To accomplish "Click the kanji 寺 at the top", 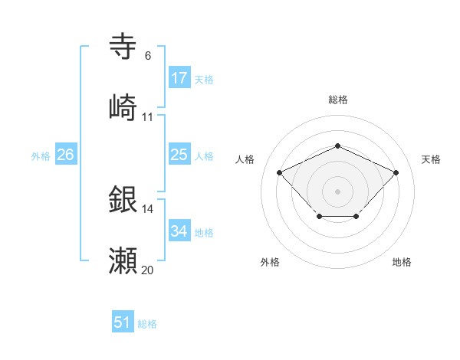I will point(123,47).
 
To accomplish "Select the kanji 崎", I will point(123,106).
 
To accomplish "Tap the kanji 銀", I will point(123,200).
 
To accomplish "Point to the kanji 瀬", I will point(123,260).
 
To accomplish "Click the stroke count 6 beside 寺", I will point(148,56).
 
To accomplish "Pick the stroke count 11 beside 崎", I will point(148,116).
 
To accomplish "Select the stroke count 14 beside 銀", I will point(148,209).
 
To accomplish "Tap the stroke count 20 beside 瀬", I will point(148,270).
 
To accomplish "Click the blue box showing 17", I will point(179,78).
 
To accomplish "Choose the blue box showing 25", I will point(179,155).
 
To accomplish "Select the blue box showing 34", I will point(179,231).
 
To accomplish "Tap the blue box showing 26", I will point(65,155).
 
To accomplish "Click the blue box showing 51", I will point(123,322).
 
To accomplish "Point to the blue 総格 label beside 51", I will point(147,324).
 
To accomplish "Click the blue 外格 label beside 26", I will point(41,156).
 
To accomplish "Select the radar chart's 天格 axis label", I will point(431,159).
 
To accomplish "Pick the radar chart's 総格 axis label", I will point(337,100).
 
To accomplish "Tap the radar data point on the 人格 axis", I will point(280,172).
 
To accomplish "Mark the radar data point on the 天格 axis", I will point(396,172).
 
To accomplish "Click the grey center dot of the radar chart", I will point(337,191).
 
